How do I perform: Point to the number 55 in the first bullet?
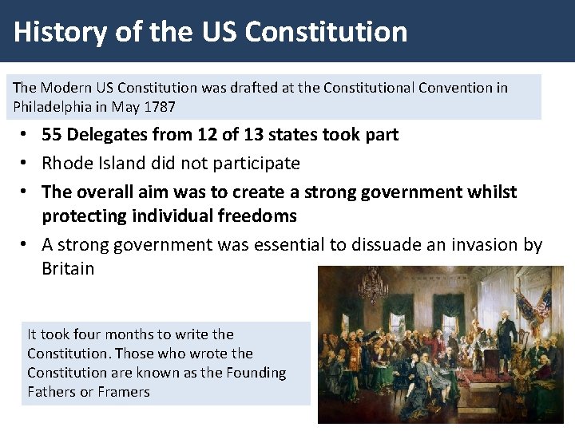(x=52, y=134)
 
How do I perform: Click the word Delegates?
(x=107, y=134)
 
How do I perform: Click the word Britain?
(x=68, y=268)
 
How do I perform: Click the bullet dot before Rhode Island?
(x=26, y=164)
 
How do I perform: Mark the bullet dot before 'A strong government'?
(x=26, y=245)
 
